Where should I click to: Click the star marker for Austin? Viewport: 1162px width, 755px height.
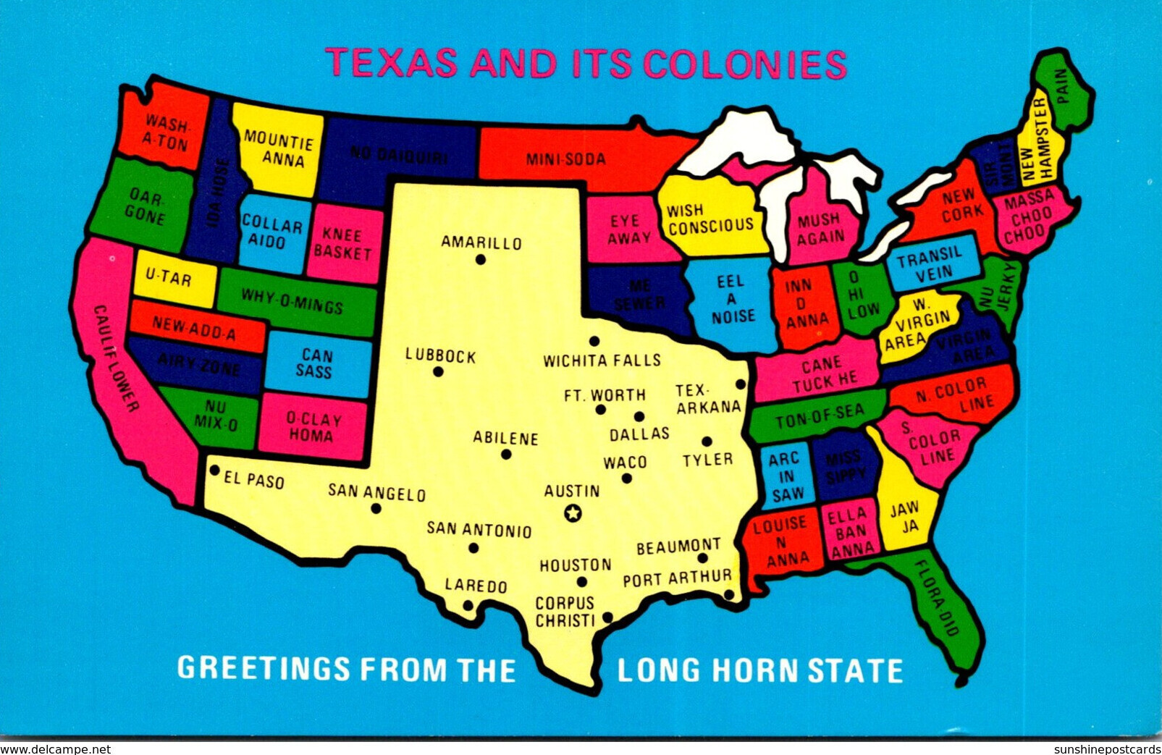click(x=573, y=513)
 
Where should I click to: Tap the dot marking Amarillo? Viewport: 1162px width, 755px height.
click(x=481, y=259)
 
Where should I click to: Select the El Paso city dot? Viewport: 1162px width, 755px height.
click(x=214, y=470)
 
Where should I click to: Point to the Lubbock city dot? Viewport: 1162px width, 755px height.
click(x=438, y=371)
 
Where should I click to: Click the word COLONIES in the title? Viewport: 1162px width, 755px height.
click(x=745, y=64)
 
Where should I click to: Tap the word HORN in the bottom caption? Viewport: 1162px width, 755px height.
click(x=757, y=670)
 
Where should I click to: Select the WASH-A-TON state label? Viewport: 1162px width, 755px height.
click(x=167, y=132)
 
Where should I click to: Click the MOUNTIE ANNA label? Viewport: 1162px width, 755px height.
click(x=279, y=148)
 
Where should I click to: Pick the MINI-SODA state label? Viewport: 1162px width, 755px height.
click(x=565, y=159)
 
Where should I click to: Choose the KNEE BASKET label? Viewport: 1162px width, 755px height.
click(x=342, y=243)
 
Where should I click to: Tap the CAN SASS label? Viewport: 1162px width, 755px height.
click(x=317, y=363)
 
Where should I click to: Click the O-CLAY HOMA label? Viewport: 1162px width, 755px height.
click(x=313, y=427)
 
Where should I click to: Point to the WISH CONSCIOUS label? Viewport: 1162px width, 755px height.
click(x=710, y=218)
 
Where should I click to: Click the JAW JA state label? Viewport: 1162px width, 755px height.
click(x=905, y=518)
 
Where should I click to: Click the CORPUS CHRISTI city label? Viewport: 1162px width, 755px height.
click(x=565, y=611)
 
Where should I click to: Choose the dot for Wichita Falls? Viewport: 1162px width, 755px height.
click(x=594, y=341)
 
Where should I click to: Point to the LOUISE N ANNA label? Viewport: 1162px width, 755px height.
click(x=780, y=541)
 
